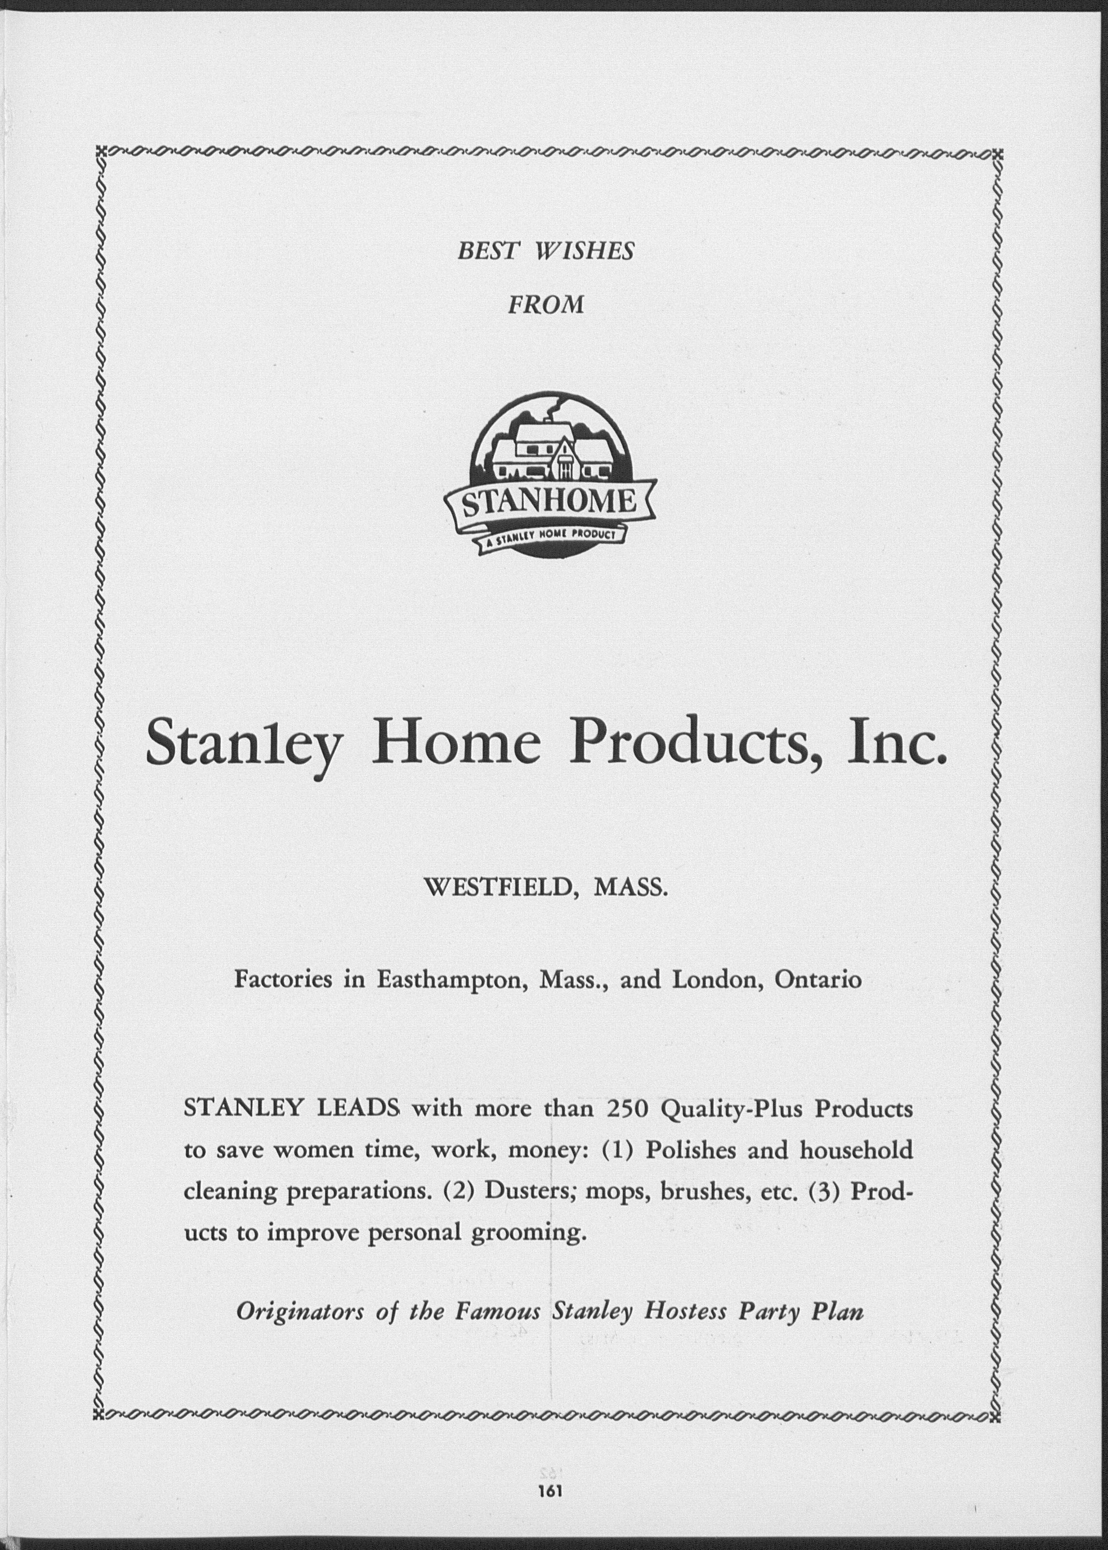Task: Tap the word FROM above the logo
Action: coord(546,304)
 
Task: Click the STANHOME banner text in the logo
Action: coord(549,504)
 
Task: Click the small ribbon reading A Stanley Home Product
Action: coord(550,538)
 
